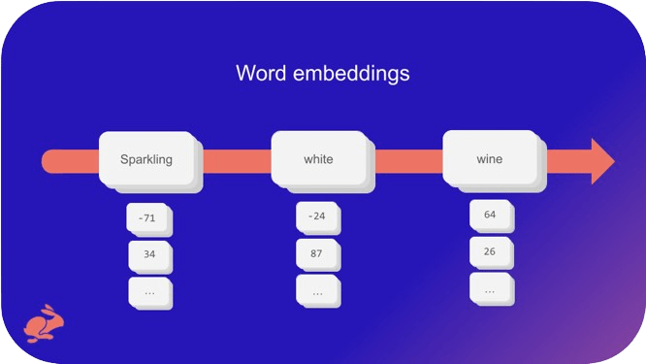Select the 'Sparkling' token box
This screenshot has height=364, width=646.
tap(146, 159)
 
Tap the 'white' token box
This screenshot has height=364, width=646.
tap(318, 159)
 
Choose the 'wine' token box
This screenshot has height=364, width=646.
tap(489, 158)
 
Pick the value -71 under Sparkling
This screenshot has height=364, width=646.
tap(147, 218)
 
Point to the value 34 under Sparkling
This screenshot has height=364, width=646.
tap(148, 255)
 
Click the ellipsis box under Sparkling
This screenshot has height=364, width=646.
tap(148, 291)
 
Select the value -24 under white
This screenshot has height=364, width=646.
tap(316, 216)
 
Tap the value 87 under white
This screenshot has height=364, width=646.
tap(316, 253)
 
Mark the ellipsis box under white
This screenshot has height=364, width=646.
tap(316, 290)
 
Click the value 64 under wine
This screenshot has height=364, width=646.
tap(490, 215)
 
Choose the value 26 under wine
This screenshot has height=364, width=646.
tap(490, 251)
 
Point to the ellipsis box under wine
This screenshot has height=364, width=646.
tap(490, 288)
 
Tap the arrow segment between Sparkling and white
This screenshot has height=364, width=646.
tap(234, 161)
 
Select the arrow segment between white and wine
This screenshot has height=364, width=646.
tap(406, 161)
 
